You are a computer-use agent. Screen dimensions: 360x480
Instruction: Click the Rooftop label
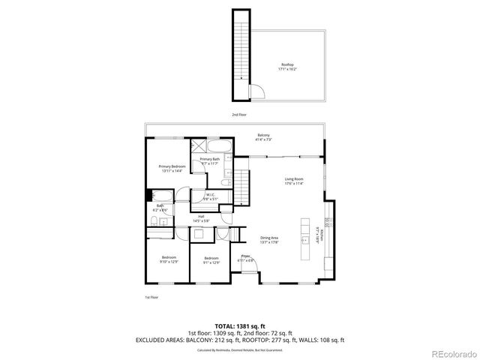coord(288,67)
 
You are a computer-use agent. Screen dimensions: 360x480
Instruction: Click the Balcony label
coord(264,137)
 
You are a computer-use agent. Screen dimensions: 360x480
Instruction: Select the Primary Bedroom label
coord(172,168)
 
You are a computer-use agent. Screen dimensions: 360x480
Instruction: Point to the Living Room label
coord(293,181)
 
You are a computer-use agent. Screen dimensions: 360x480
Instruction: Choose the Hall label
coord(202,219)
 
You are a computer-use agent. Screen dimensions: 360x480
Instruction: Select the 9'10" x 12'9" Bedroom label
coord(169,259)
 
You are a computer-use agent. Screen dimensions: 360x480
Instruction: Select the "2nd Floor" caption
coord(238,115)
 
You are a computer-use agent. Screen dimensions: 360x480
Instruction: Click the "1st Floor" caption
coord(152,297)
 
